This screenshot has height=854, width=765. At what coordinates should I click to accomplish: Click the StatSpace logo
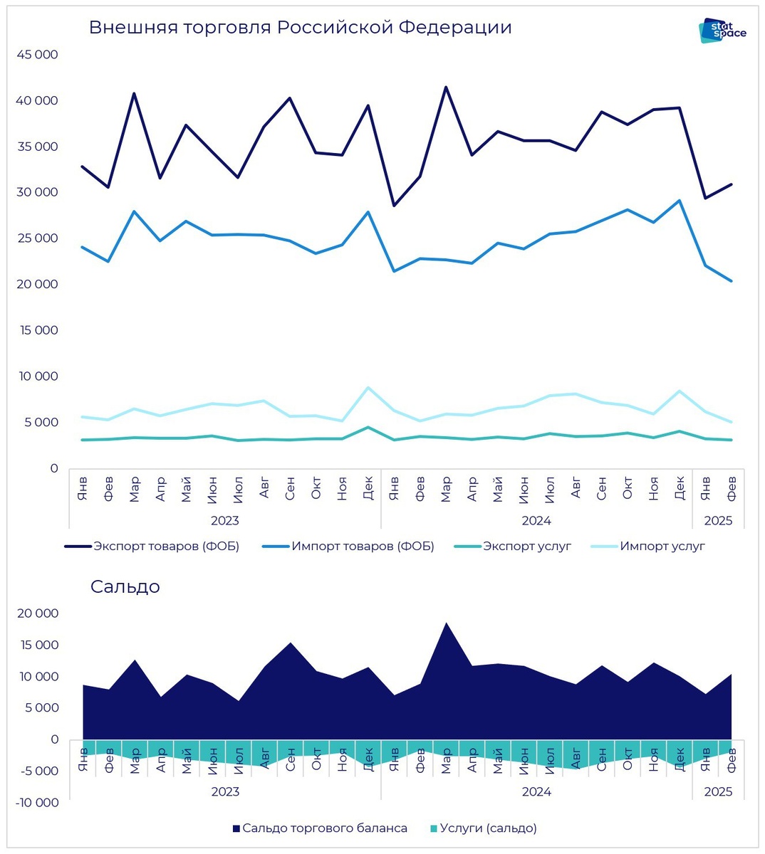722,31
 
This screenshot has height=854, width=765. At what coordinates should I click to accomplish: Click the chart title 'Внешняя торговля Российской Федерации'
300,28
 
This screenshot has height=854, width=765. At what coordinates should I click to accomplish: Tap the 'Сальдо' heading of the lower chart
125,587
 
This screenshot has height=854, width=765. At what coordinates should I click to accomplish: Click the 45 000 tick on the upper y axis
37,55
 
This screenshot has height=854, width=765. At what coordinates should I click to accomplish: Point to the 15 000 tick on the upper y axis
37,330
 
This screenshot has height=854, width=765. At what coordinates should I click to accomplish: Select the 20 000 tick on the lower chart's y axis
37,613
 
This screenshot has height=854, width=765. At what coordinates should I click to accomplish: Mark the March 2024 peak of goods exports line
446,88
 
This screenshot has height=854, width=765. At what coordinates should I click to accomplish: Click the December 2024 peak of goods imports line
680,201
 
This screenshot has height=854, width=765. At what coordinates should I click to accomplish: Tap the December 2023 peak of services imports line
368,388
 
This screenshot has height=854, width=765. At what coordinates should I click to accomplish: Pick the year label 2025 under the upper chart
718,521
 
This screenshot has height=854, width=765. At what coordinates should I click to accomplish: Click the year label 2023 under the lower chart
225,791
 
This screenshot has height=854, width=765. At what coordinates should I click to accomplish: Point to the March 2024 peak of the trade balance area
446,623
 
